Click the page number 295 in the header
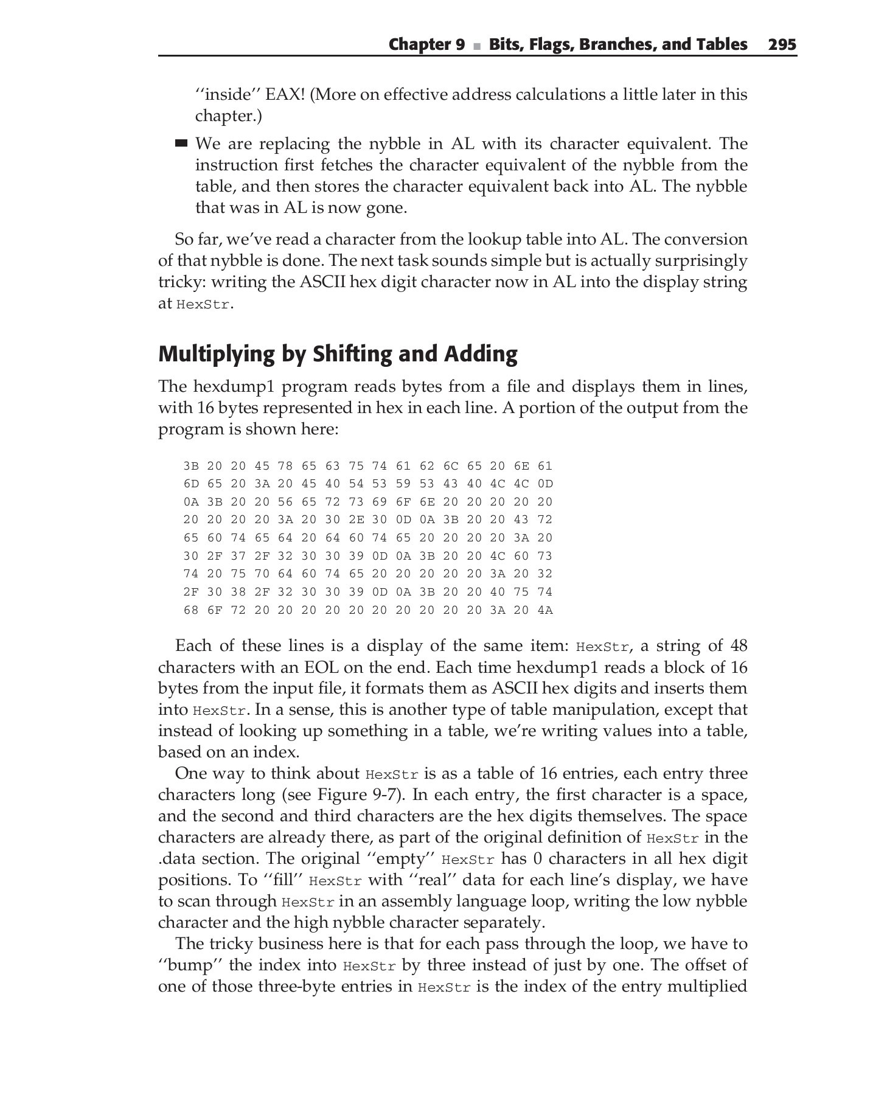tap(782, 44)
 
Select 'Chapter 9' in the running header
tap(426, 44)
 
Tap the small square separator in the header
tap(477, 46)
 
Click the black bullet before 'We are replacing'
tap(181, 144)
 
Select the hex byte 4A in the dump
tap(544, 610)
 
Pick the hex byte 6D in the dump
tap(191, 484)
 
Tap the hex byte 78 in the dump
tap(285, 467)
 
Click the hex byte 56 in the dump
tap(262, 502)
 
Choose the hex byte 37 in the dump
tap(238, 556)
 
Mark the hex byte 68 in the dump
tap(191, 610)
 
